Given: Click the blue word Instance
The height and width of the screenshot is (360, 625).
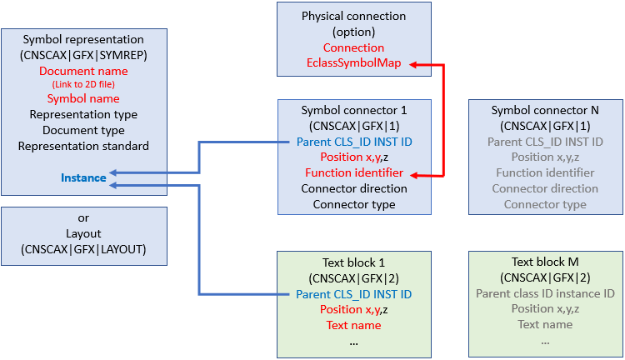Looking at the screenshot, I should (x=83, y=177).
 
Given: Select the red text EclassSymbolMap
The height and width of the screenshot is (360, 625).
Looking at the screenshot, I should (x=354, y=63).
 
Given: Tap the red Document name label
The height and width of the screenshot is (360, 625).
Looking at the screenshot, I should (x=83, y=72).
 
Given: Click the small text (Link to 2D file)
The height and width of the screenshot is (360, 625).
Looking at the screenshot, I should (x=83, y=85).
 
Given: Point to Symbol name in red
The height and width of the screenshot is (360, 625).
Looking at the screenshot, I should (x=83, y=99).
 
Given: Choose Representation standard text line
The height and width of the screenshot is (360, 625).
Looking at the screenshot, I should (x=83, y=146).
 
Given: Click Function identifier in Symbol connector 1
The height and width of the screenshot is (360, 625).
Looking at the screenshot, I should (x=354, y=172).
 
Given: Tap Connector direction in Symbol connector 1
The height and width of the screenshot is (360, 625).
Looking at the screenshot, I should (x=354, y=188).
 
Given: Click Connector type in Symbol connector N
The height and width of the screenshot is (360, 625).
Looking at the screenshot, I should (x=545, y=204).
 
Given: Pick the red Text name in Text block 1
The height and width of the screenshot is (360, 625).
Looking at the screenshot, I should (x=354, y=325).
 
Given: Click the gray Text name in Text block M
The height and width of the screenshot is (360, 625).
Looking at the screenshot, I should (x=545, y=325).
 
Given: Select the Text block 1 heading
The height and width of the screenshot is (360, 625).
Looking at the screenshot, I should (x=354, y=262).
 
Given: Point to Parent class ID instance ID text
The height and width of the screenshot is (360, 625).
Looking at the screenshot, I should (x=545, y=293).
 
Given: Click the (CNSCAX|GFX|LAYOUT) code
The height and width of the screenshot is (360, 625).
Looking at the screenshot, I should (x=83, y=249).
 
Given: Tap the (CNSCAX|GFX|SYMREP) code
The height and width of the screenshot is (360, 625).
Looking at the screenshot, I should (x=83, y=56).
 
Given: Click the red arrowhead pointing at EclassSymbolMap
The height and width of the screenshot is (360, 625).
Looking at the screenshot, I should (x=412, y=64).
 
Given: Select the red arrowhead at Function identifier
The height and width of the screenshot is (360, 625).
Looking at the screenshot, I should (x=412, y=173).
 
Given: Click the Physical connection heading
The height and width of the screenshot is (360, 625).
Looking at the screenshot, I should (x=354, y=16).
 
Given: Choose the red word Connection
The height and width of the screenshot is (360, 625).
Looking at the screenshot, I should (x=354, y=47).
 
